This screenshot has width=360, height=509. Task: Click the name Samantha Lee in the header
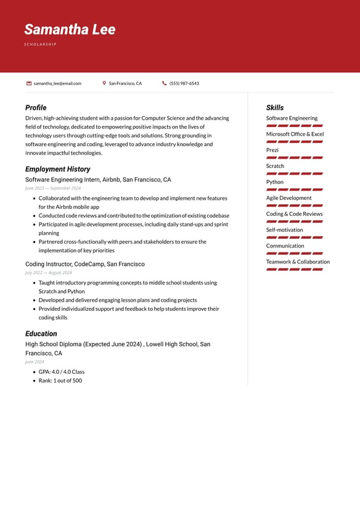point(70,30)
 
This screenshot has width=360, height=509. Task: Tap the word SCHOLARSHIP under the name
point(40,44)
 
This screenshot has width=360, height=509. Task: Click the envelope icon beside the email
point(29,83)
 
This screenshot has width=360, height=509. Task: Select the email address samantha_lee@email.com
point(57,83)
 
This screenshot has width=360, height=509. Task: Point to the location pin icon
point(104,83)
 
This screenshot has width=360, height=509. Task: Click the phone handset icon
point(165,83)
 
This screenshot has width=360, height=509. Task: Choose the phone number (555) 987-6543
point(184,83)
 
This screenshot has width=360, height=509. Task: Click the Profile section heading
point(36,107)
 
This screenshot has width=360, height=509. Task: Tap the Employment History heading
point(57,169)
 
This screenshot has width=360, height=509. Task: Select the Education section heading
point(41,334)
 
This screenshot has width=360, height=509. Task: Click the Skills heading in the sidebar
point(275,107)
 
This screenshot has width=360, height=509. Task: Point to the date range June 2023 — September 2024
point(53,188)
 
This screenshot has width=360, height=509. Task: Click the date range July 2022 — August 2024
point(49,273)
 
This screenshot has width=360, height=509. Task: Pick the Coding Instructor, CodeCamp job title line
point(85,264)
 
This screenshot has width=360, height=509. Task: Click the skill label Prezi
point(272,150)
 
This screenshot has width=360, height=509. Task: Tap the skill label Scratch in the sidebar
point(275,166)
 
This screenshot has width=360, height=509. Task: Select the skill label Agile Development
point(288,198)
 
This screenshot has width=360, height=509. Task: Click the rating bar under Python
point(295,189)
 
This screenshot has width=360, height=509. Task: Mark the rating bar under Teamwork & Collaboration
point(295,270)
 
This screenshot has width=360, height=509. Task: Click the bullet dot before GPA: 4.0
point(34,372)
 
